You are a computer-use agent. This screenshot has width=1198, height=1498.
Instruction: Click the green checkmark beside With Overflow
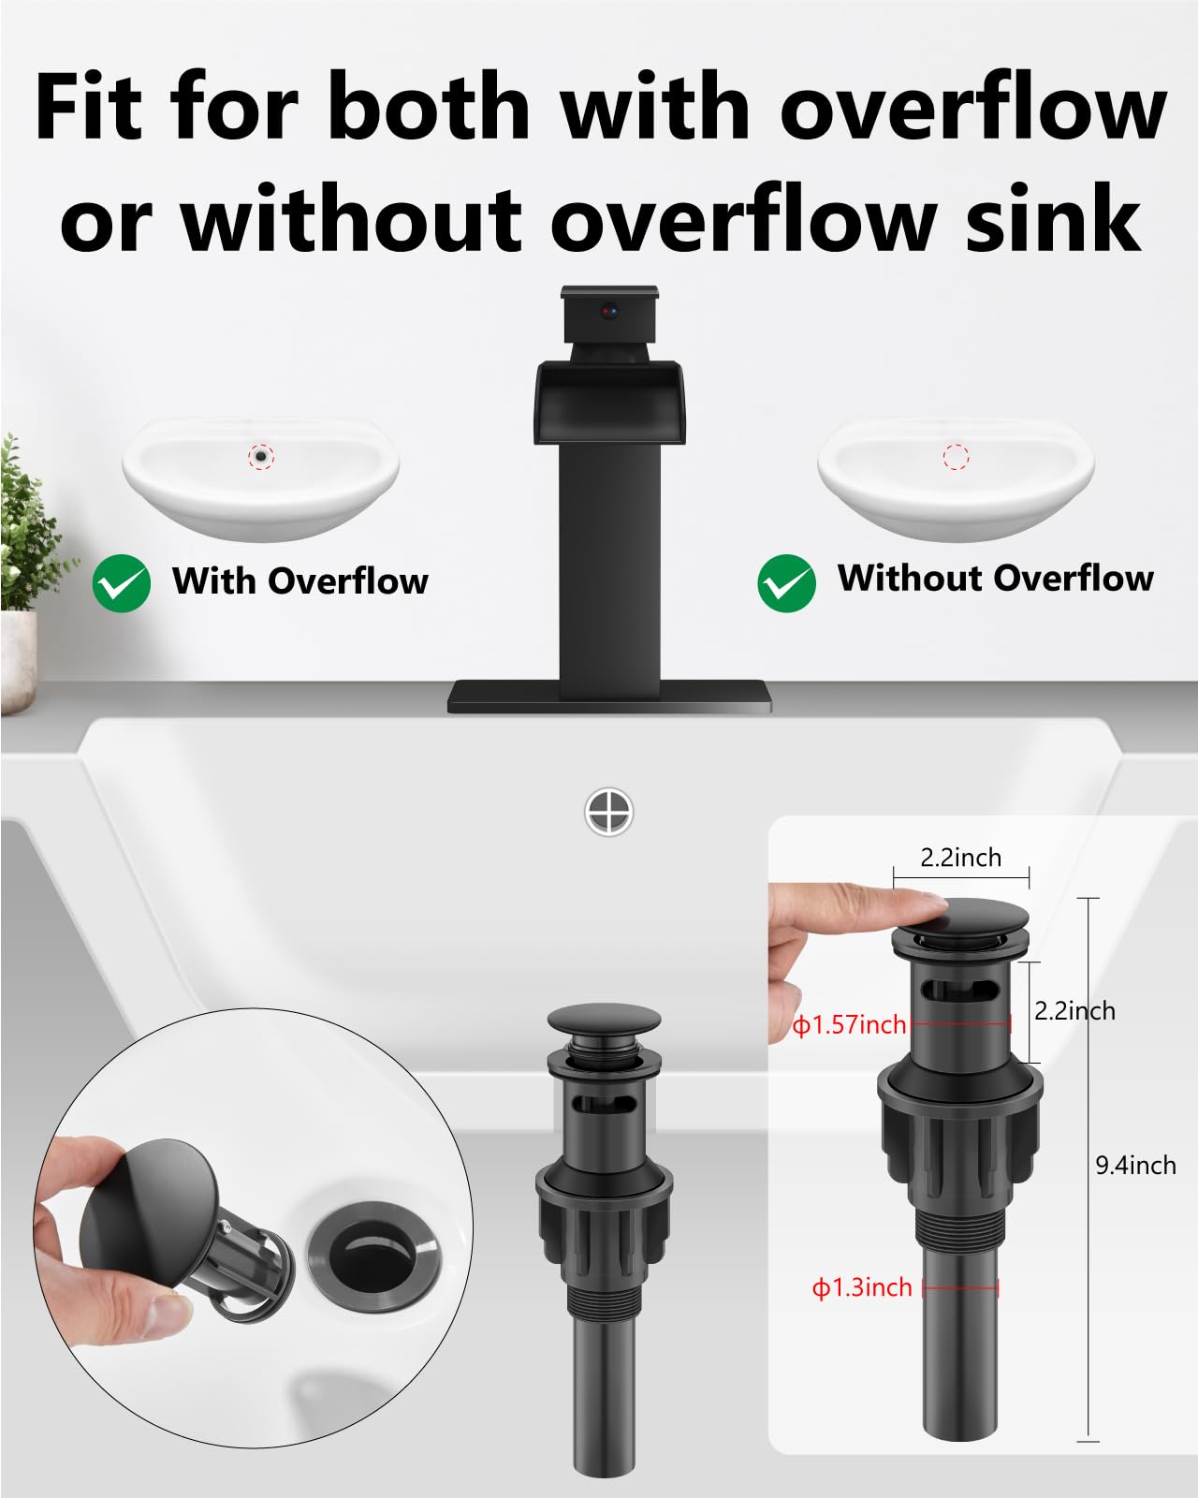pos(122,583)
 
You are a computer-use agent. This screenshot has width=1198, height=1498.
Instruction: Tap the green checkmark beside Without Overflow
pos(786,583)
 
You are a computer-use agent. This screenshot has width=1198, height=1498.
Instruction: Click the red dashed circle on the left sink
pos(261,456)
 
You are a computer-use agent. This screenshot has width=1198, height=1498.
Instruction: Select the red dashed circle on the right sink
pos(956,457)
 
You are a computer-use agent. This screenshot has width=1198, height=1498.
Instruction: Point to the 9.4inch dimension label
pos(1135,1166)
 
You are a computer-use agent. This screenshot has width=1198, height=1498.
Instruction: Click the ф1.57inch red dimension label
pos(850,1025)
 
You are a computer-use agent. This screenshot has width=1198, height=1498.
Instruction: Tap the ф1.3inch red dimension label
pos(862,1288)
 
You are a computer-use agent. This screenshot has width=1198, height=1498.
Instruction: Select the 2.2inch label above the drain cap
pos(960,858)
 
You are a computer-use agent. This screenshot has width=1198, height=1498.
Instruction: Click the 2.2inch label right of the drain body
pos(1074,1011)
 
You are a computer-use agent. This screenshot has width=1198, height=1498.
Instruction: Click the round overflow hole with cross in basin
pos(608,811)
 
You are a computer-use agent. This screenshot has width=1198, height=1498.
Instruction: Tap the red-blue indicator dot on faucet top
pos(610,309)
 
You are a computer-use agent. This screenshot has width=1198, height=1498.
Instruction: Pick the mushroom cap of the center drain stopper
pos(604,1022)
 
